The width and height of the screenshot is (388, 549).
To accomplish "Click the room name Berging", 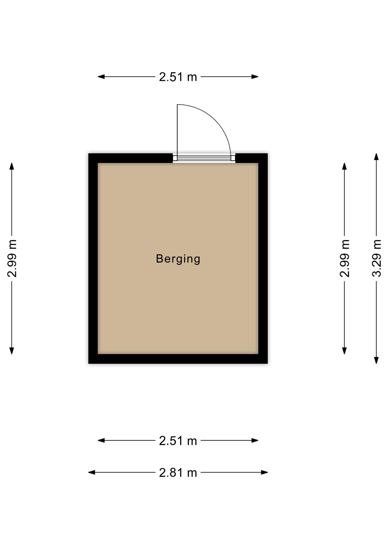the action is pyautogui.click(x=178, y=259).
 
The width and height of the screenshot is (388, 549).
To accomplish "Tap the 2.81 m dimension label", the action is pyautogui.click(x=178, y=473).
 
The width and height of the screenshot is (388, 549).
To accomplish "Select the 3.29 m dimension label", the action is pyautogui.click(x=377, y=258).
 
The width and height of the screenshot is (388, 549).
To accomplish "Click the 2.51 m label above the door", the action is pyautogui.click(x=178, y=77).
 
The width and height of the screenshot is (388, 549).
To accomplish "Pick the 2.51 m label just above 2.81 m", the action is pyautogui.click(x=178, y=441).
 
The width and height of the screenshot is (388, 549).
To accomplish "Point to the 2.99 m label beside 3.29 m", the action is pyautogui.click(x=345, y=258).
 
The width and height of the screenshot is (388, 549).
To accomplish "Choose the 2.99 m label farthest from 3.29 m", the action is pyautogui.click(x=12, y=258).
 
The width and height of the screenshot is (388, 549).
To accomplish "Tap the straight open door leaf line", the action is pyautogui.click(x=177, y=130).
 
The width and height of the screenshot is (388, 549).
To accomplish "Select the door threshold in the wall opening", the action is pyautogui.click(x=204, y=158).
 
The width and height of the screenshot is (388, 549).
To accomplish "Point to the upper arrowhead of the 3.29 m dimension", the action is pyautogui.click(x=376, y=157).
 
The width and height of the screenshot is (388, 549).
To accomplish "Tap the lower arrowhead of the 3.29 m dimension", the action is pyautogui.click(x=376, y=360).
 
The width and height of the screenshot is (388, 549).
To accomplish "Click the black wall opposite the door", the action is pyautogui.click(x=178, y=359).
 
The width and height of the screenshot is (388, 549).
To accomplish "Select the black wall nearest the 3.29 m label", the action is pyautogui.click(x=263, y=258).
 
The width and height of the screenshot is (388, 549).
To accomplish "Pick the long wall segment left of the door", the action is pyautogui.click(x=131, y=158).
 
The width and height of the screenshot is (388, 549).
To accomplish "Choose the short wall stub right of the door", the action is pyautogui.click(x=251, y=158).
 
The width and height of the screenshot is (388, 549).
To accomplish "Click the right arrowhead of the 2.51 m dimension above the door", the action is pyautogui.click(x=255, y=77).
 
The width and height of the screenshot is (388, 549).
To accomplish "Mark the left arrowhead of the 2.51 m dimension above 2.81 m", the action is pyautogui.click(x=101, y=440).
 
